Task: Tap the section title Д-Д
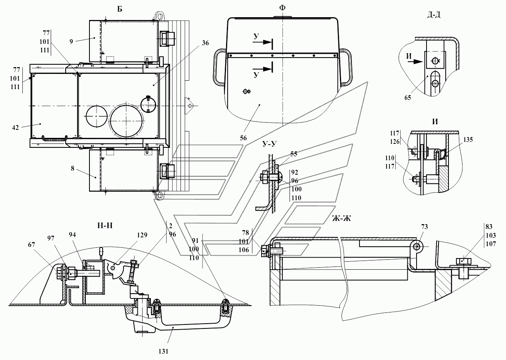pos(434,15)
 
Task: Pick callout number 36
pos(205,43)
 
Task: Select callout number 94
pos(73,235)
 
